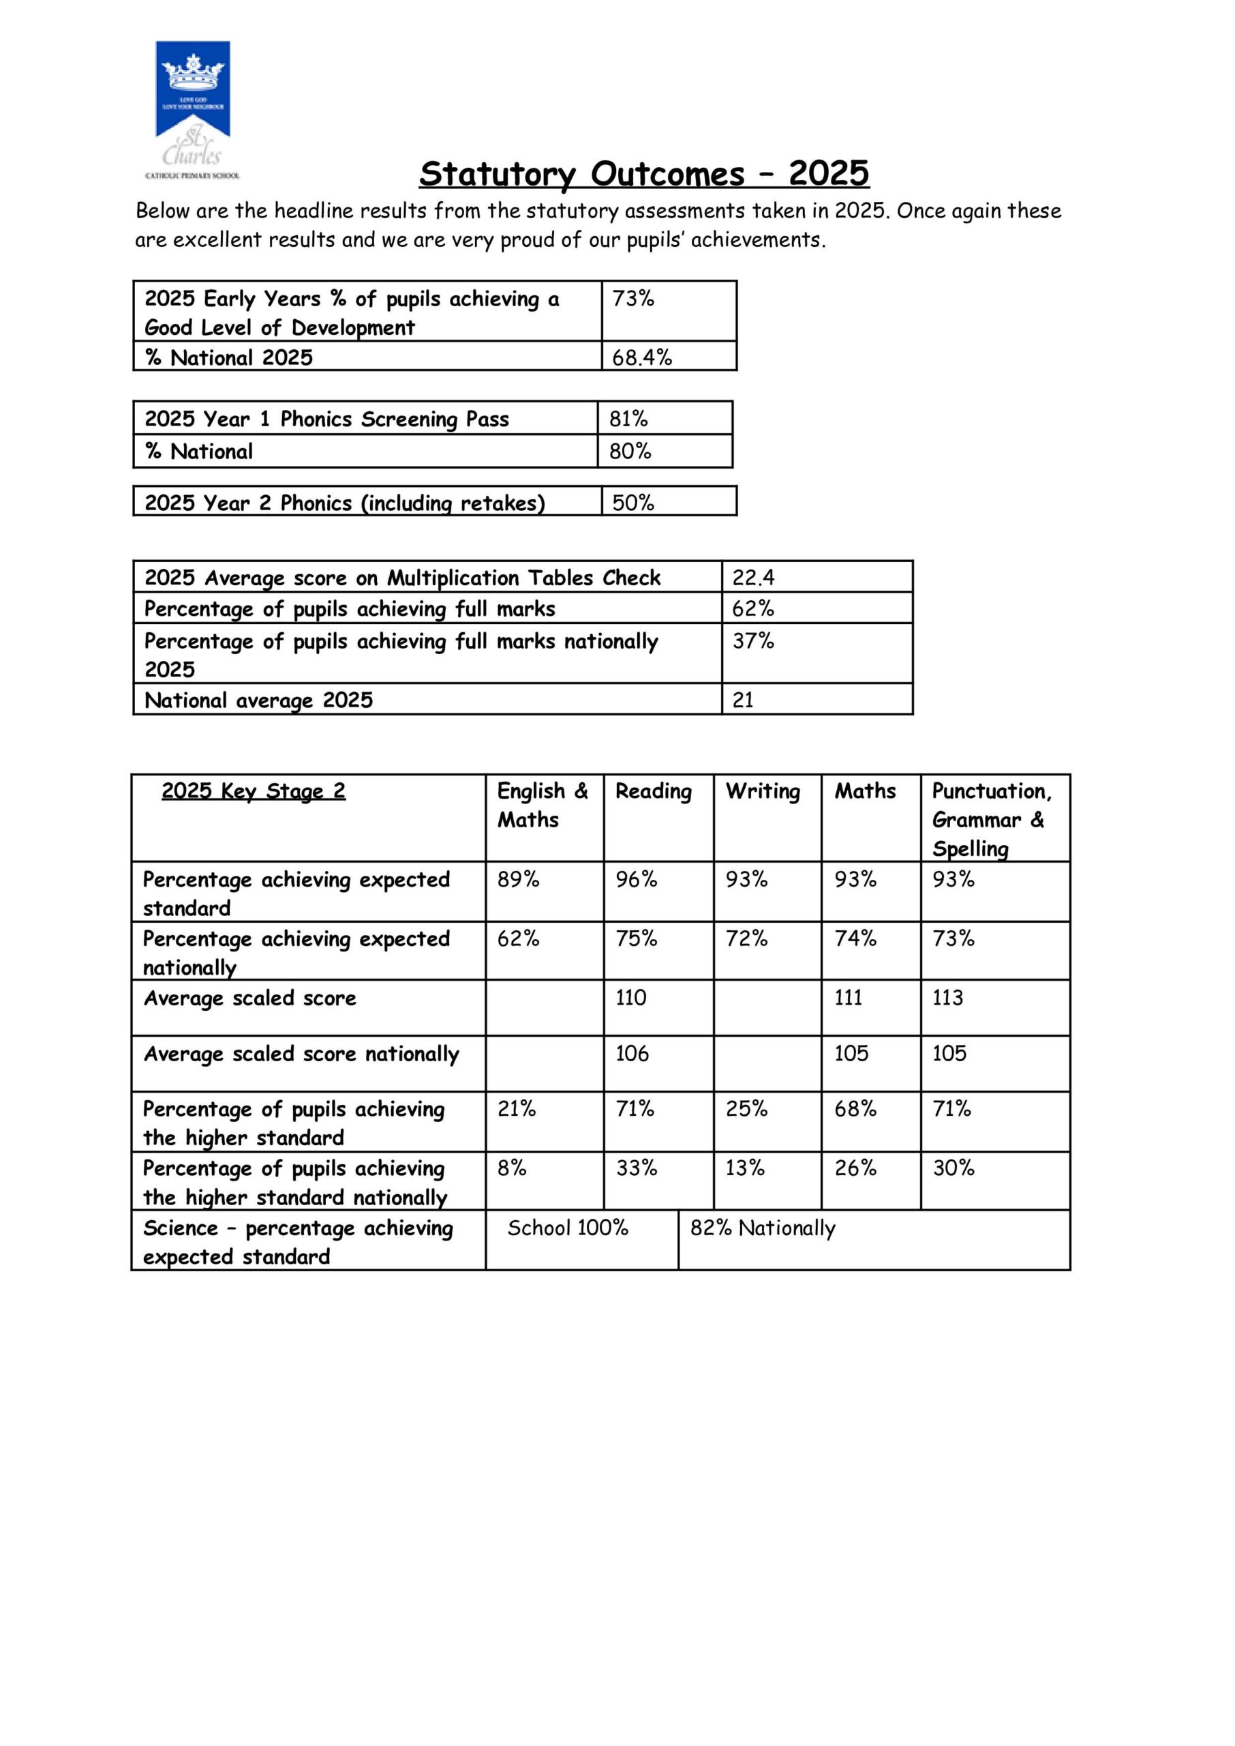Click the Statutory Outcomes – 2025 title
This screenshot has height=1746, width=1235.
[x=643, y=173]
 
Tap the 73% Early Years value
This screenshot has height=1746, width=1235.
[x=632, y=299]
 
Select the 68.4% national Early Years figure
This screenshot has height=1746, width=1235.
[x=642, y=357]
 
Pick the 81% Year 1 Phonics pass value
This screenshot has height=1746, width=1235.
[x=628, y=419]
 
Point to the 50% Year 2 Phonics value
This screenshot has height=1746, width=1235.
[x=632, y=502]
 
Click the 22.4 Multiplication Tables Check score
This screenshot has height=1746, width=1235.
[x=753, y=578]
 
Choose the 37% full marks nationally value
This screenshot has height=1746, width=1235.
[x=753, y=640]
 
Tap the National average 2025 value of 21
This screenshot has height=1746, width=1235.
[x=743, y=699]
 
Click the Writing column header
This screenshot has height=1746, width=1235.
[x=763, y=791]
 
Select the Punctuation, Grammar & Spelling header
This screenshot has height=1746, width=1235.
[x=992, y=819]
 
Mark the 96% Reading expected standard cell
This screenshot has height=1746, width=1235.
[x=636, y=879]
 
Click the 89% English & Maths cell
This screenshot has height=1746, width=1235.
[x=518, y=879]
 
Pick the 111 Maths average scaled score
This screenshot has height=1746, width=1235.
[x=848, y=997]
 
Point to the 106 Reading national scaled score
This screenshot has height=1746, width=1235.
[x=632, y=1054]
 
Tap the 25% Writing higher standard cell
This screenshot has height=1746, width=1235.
[x=746, y=1109]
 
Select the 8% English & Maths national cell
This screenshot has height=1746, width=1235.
[x=512, y=1168]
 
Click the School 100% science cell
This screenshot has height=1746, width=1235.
[x=567, y=1228]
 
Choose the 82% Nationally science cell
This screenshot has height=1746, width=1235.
[x=762, y=1228]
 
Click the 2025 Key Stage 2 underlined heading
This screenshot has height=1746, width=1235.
[x=254, y=791]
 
